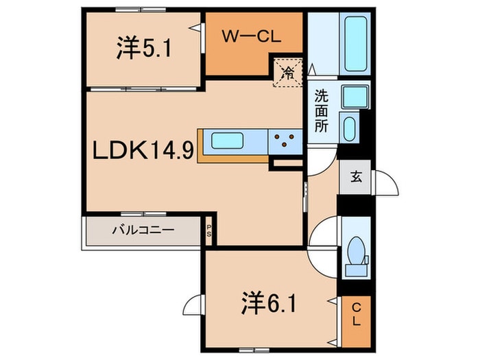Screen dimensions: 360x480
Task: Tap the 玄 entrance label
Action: coord(356,177)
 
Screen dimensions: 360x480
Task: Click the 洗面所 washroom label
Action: coord(321,111)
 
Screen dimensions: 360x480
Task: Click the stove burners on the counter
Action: coord(284,141)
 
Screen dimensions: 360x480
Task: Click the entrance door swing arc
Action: coord(385,185)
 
